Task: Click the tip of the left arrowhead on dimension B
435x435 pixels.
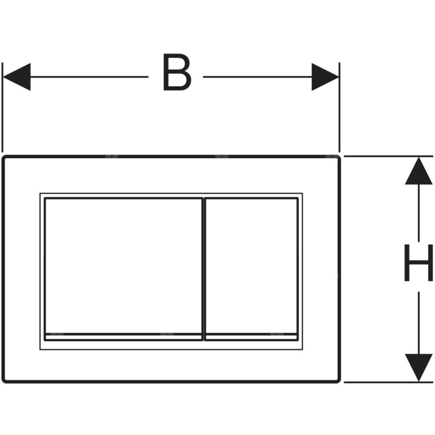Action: pos(3,77)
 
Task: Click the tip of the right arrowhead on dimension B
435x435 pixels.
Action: pos(339,77)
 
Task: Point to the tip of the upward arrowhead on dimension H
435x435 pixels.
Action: pos(418,157)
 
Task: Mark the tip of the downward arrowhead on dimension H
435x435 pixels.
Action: pos(418,381)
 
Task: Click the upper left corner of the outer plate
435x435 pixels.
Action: pos(2,156)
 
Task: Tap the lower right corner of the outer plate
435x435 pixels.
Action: pos(340,383)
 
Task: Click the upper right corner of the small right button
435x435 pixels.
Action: pos(298,197)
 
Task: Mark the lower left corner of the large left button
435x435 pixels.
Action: pos(45,341)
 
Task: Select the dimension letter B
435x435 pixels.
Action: pos(177,72)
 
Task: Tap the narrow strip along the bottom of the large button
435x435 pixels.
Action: pos(124,337)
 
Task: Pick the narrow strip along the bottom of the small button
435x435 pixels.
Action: pos(251,337)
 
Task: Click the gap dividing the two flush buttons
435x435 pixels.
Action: pos(204,269)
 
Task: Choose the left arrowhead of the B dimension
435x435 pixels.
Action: pos(17,77)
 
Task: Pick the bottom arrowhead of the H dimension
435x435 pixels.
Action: pos(418,368)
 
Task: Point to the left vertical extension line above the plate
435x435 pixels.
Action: pos(3,107)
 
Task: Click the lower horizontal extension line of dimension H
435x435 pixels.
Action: pos(388,382)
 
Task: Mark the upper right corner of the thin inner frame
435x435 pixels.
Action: pos(303,193)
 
